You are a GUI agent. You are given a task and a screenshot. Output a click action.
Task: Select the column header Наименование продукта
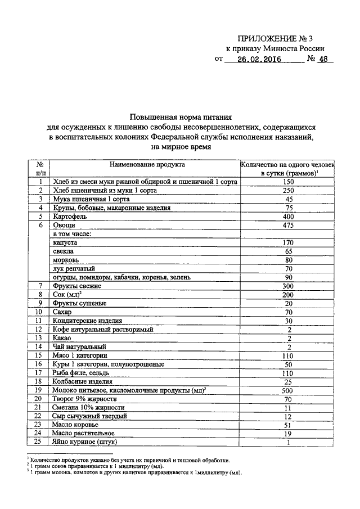pyautogui.click(x=146, y=164)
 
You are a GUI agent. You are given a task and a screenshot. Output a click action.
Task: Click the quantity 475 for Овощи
pyautogui.click(x=289, y=225)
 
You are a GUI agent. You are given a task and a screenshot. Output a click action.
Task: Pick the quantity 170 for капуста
pyautogui.click(x=289, y=242)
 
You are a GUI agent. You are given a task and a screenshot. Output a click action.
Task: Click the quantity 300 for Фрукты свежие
pyautogui.click(x=289, y=286)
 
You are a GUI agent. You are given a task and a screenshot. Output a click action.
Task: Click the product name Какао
pyautogui.click(x=62, y=338)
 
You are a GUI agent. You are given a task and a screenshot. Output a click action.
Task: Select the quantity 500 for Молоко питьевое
pyautogui.click(x=289, y=390)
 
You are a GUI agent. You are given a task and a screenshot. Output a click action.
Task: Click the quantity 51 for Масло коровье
pyautogui.click(x=289, y=425)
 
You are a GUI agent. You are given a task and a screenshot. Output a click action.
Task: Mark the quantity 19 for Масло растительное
pyautogui.click(x=289, y=434)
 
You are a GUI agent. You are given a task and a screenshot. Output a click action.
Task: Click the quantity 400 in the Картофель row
pyautogui.click(x=289, y=217)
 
